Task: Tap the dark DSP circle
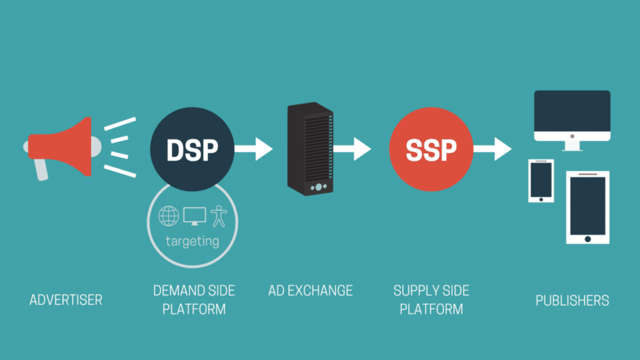192,149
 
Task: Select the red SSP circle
431,149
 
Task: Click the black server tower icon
309,149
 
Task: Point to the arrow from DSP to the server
255,149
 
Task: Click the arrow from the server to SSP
353,149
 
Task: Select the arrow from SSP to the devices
494,149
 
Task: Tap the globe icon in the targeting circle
169,216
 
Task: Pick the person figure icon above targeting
219,216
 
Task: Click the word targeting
192,241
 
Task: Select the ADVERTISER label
66,301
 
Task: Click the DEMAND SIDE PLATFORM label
194,299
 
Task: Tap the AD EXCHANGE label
311,291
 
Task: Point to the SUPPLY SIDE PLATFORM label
431,299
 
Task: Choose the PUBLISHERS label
572,301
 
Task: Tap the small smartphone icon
541,181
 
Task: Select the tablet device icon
587,207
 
